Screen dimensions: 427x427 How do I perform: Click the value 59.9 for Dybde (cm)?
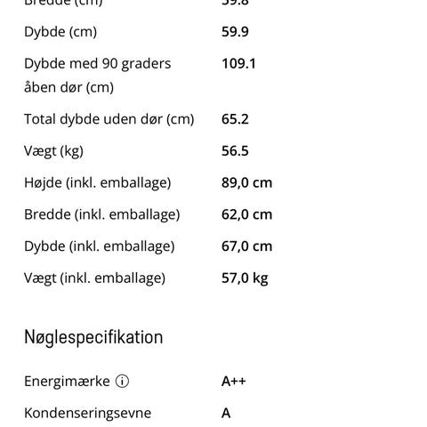tap(235, 32)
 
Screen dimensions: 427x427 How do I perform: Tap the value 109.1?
tap(238, 64)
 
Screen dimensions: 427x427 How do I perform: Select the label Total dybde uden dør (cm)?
tap(109, 119)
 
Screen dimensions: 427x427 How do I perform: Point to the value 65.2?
tap(235, 119)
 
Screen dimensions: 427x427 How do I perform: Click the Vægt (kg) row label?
tap(53, 151)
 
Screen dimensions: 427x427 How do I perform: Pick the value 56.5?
tap(235, 151)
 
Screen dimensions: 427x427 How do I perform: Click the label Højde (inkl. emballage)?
tap(97, 183)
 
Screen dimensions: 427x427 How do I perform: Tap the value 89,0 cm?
tap(246, 183)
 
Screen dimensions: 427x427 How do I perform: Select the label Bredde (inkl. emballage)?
tap(101, 214)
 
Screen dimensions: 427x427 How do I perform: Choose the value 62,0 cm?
tap(246, 214)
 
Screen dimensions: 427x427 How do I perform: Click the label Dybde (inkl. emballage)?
tap(99, 246)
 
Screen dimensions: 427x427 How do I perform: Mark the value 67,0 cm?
tap(246, 246)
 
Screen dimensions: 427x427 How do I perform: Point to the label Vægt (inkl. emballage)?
tap(94, 278)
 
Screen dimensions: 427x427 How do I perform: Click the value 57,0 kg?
tap(245, 278)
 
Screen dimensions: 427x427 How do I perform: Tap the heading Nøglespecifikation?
tap(93, 337)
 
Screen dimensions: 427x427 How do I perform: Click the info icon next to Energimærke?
tap(122, 382)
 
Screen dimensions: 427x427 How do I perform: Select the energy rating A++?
tap(234, 382)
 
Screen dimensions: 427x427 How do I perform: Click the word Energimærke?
tap(67, 382)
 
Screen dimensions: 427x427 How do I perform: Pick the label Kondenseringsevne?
tap(87, 413)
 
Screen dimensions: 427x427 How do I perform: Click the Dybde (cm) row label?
tap(60, 32)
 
